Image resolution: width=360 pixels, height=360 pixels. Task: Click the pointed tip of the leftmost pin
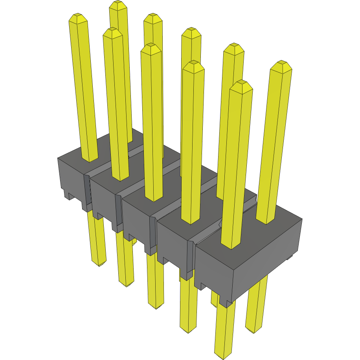click(78, 18)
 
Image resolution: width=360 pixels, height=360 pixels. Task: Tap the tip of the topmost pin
click(118, 5)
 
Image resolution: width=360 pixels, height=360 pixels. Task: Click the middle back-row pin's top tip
click(191, 31)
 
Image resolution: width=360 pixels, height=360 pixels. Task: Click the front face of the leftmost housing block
click(71, 177)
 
